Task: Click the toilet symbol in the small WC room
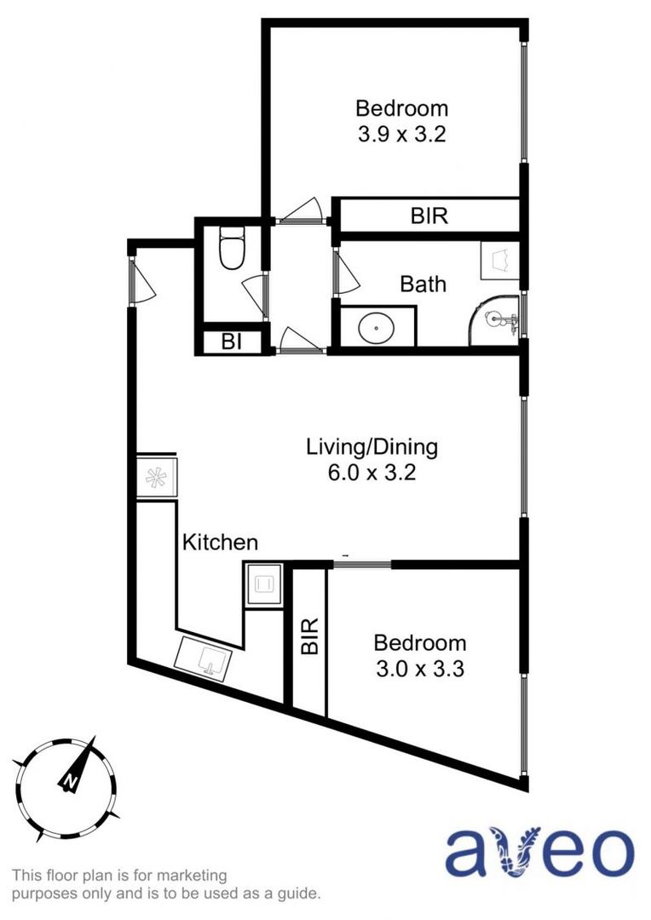click(x=231, y=248)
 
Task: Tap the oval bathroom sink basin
click(x=375, y=328)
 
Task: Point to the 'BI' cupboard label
click(x=230, y=342)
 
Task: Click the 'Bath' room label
click(x=423, y=284)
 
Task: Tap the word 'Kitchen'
click(x=221, y=542)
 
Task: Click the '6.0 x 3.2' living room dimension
click(x=372, y=473)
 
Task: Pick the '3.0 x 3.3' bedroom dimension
click(x=420, y=670)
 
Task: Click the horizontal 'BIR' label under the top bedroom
click(x=429, y=216)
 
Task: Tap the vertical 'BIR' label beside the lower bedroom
click(x=310, y=635)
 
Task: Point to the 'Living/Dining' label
click(x=372, y=446)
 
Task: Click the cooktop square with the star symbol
click(x=156, y=477)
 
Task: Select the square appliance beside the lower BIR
click(x=262, y=584)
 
